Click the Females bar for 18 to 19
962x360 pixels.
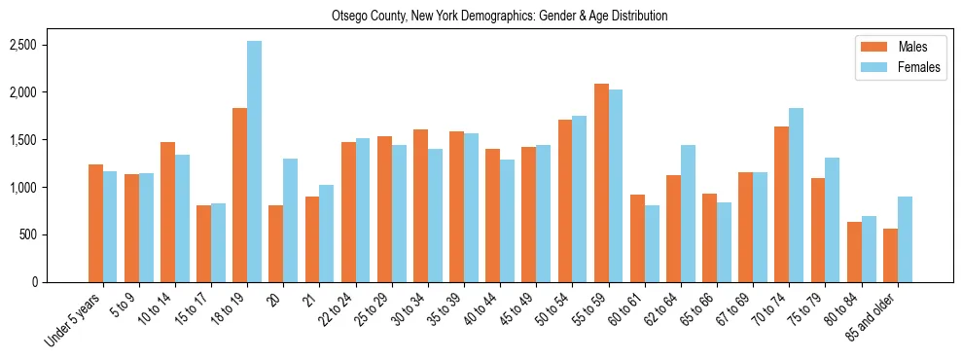[x=254, y=162]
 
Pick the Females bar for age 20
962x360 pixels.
[x=290, y=220]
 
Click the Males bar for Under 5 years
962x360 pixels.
[x=95, y=223]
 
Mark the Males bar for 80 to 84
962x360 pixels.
[x=854, y=252]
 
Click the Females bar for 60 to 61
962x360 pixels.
[x=652, y=243]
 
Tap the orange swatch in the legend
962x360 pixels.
[x=870, y=47]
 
